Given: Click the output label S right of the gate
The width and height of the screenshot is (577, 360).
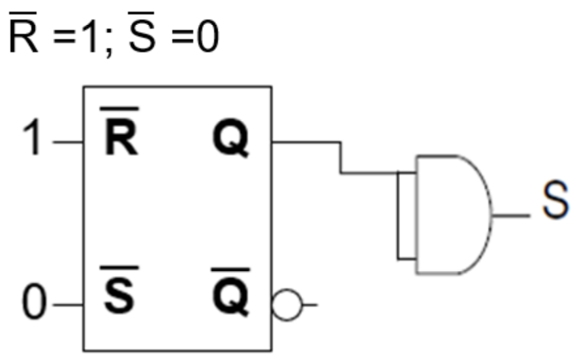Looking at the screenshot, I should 556,205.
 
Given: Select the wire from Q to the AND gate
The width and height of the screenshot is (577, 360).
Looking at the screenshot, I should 339,157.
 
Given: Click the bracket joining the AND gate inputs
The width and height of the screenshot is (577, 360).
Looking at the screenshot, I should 405,215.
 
